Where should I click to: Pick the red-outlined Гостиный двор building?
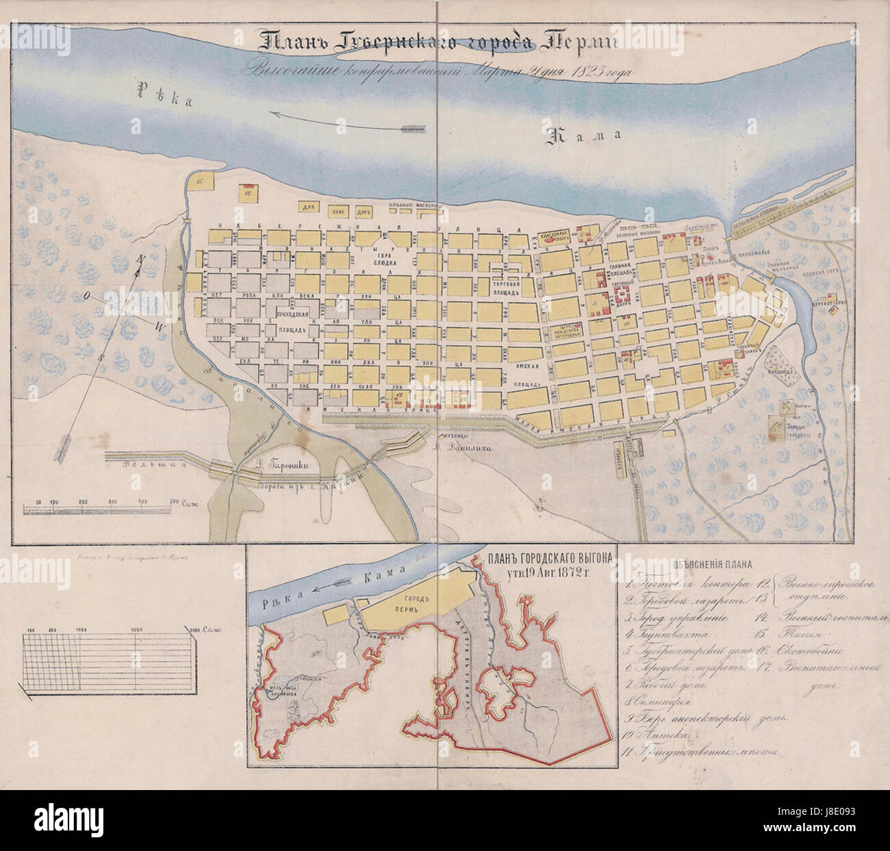tap(625, 295)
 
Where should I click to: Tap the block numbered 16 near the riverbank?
tap(200, 181)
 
